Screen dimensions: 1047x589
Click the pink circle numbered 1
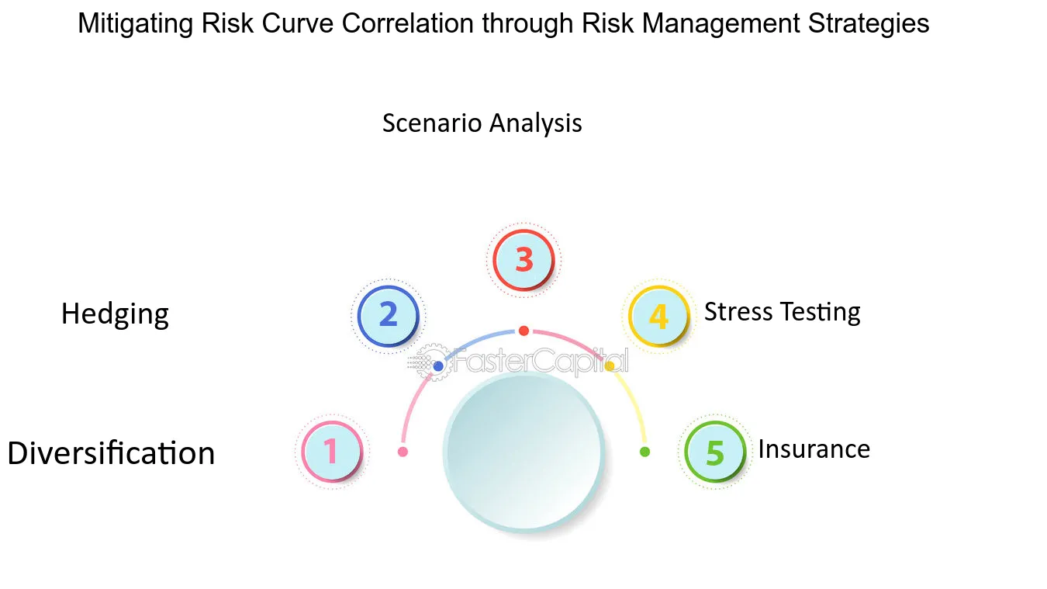pos(333,452)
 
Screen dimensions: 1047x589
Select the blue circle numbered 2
pos(388,316)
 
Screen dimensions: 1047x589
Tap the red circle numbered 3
pos(523,260)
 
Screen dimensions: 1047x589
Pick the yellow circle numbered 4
pos(659,316)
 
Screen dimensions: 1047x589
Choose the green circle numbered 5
pos(715,452)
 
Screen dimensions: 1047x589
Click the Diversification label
pos(111,453)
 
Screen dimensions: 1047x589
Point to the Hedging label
pos(115,314)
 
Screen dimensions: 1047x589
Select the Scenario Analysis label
pos(482,123)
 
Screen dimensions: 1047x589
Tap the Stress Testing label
pos(782,312)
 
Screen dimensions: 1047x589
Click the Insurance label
pos(814,449)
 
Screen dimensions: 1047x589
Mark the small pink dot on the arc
pos(403,452)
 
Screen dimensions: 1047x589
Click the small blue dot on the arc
pos(438,366)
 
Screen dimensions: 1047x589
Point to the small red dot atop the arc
pos(523,331)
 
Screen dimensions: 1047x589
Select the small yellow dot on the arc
pos(610,366)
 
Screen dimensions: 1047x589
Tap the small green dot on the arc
pos(644,452)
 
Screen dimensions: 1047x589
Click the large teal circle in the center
pos(524,452)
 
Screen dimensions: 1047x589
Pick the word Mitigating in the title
pos(135,24)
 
